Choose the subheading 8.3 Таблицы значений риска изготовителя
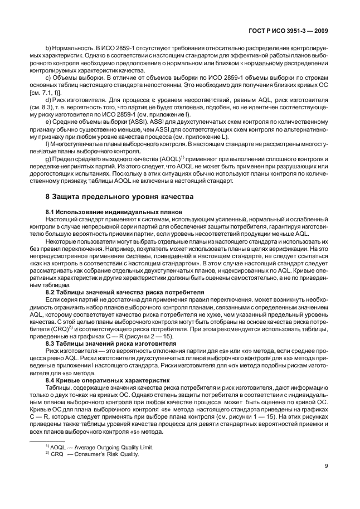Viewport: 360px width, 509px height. pyautogui.click(x=111, y=343)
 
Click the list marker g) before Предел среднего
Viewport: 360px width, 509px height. pyautogui.click(x=48, y=159)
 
